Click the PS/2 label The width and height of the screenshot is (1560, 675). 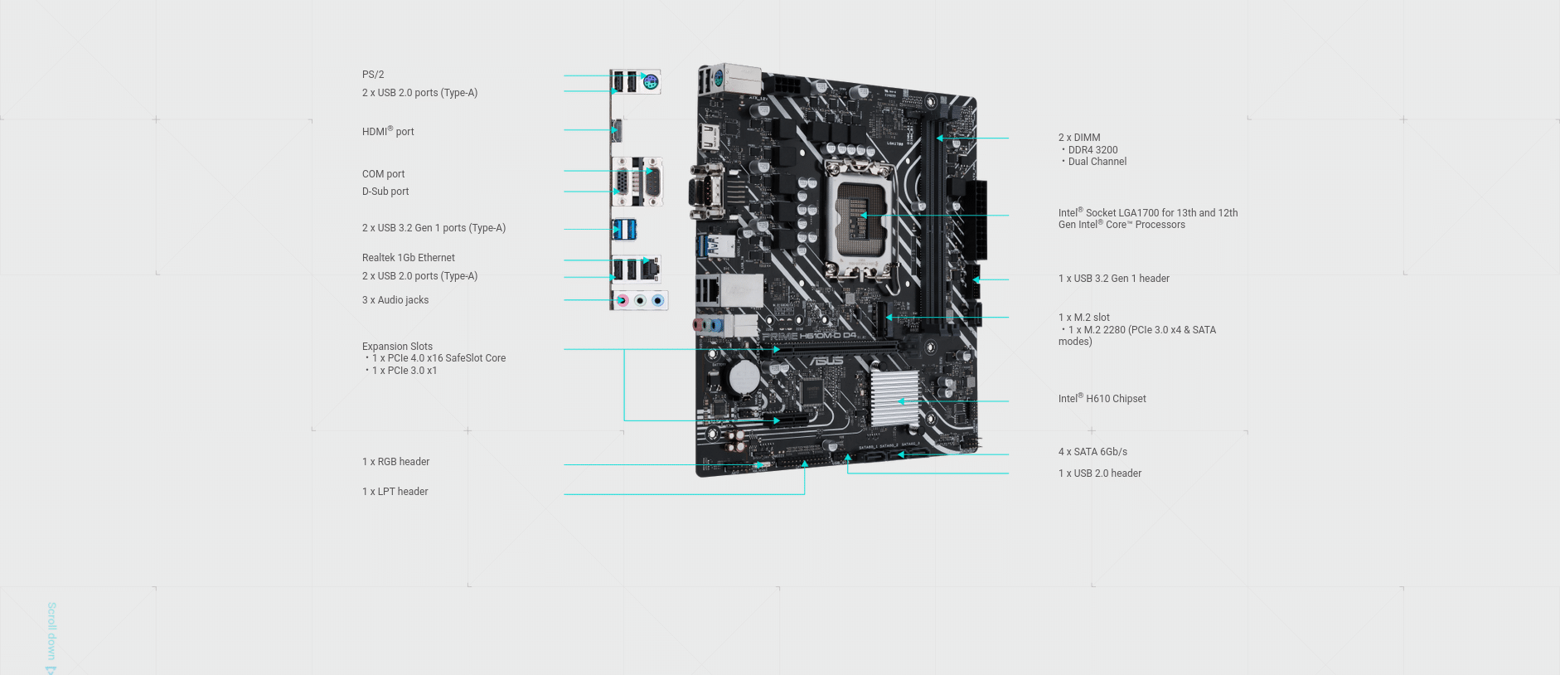pyautogui.click(x=373, y=75)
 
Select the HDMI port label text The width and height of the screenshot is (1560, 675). pyautogui.click(x=388, y=132)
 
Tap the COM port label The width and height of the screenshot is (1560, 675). pyautogui.click(x=383, y=174)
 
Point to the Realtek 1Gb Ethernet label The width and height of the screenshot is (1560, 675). pyautogui.click(x=408, y=258)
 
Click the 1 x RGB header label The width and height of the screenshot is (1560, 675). pyautogui.click(x=395, y=462)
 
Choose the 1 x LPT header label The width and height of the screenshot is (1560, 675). pyautogui.click(x=395, y=492)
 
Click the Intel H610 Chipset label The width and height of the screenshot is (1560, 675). pyautogui.click(x=1102, y=399)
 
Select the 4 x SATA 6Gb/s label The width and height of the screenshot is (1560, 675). pyautogui.click(x=1092, y=452)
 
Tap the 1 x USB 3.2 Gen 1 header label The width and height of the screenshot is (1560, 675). pyautogui.click(x=1113, y=279)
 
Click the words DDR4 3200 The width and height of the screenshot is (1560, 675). pyautogui.click(x=1092, y=150)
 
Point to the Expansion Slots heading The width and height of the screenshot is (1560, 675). pyautogui.click(x=397, y=347)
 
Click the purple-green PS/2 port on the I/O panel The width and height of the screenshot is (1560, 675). pyautogui.click(x=651, y=82)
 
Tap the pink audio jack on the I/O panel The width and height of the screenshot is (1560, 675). pyautogui.click(x=623, y=300)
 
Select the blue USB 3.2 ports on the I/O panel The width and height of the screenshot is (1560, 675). pyautogui.click(x=624, y=229)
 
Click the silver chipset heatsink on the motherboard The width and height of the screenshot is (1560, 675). pyautogui.click(x=894, y=398)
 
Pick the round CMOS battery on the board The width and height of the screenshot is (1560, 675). pyautogui.click(x=744, y=376)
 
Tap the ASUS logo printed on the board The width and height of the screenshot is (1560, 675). pyautogui.click(x=826, y=361)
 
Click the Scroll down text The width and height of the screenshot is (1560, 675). pyautogui.click(x=51, y=632)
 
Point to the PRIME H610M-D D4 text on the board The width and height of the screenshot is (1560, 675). pyautogui.click(x=809, y=336)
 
